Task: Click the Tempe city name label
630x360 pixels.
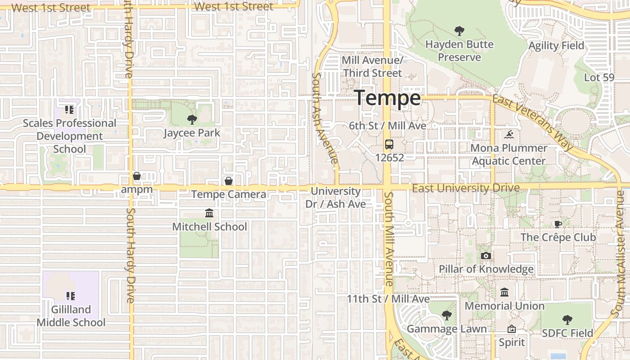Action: (x=387, y=98)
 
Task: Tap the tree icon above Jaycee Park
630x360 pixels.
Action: (x=192, y=120)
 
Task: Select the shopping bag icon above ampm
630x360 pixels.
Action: (x=137, y=176)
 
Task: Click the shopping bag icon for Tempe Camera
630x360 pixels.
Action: (x=229, y=181)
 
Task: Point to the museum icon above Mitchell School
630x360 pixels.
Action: (x=209, y=213)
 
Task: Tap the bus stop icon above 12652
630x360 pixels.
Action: (x=389, y=144)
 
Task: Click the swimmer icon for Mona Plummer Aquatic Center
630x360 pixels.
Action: (x=509, y=135)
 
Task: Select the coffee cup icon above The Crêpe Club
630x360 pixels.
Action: (x=558, y=224)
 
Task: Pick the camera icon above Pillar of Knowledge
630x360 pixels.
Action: (x=486, y=256)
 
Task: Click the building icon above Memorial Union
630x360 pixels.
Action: (x=504, y=292)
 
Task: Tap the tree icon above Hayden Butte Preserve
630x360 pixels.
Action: (x=459, y=31)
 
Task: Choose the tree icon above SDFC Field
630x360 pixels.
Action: (x=567, y=320)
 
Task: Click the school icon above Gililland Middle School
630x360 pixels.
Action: (x=71, y=296)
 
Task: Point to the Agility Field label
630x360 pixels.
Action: (x=556, y=45)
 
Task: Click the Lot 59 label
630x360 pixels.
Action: (x=599, y=77)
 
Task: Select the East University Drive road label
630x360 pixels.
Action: (x=466, y=188)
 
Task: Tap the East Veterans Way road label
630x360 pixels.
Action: (x=534, y=122)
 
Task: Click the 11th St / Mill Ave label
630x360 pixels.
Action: (x=388, y=299)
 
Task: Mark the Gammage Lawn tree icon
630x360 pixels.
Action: (x=446, y=316)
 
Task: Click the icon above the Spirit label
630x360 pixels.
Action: (x=511, y=329)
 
